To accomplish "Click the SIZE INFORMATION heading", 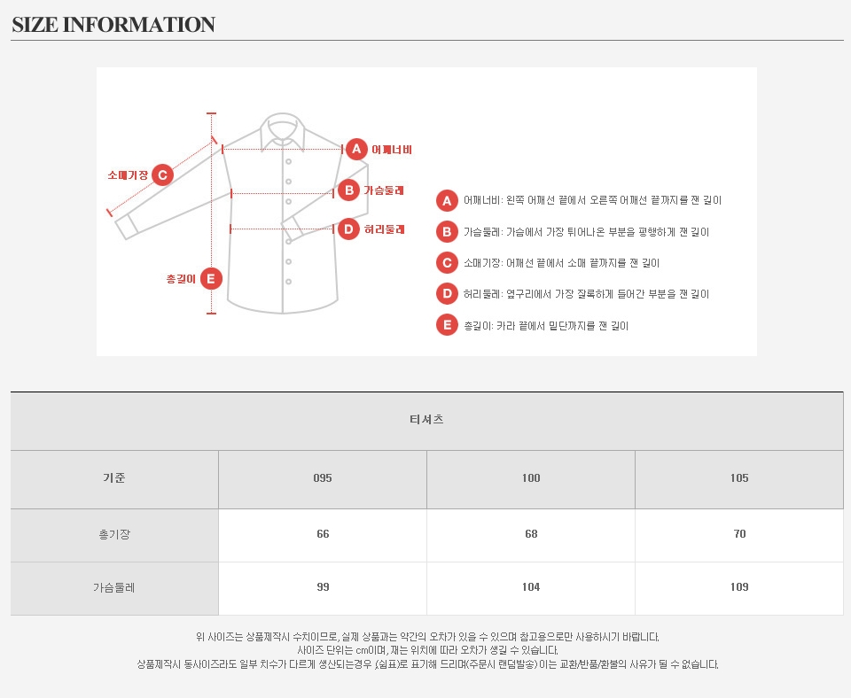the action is [x=113, y=25].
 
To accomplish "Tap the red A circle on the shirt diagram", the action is [x=356, y=149].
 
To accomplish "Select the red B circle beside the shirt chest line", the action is [x=349, y=190].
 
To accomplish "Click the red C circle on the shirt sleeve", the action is [x=162, y=174].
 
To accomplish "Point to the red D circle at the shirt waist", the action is [x=349, y=229].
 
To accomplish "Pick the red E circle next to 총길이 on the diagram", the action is [x=211, y=279].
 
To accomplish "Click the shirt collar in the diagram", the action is [x=282, y=131].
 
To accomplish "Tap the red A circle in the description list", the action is [x=447, y=201].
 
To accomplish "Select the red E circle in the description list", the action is [x=447, y=325].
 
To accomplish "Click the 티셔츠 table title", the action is [x=426, y=419].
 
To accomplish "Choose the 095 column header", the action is [x=323, y=477].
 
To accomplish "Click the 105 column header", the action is [x=739, y=477].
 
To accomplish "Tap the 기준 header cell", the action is [x=114, y=477].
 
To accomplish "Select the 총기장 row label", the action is [x=114, y=534].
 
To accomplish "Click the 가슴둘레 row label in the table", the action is [x=114, y=587].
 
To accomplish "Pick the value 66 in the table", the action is [x=323, y=533].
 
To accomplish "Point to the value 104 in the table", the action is [x=531, y=586].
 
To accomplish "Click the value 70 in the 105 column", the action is [x=739, y=533].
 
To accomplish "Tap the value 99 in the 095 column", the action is [x=323, y=586].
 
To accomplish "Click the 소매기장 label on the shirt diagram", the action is [x=128, y=174].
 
